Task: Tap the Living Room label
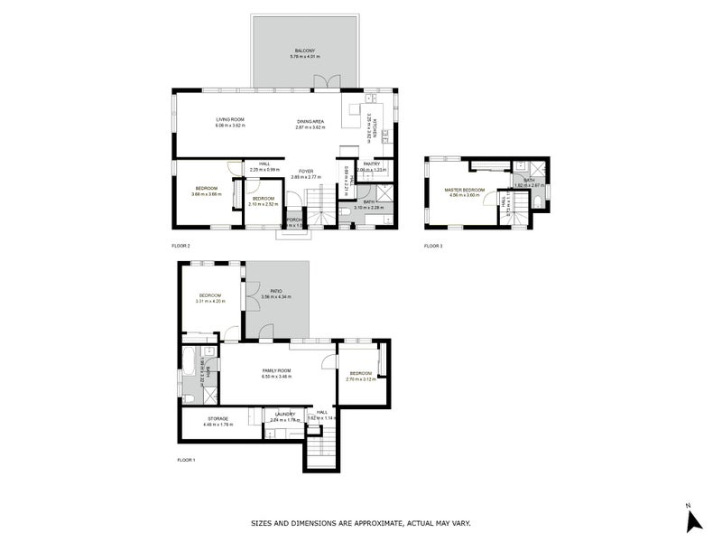coord(229,120)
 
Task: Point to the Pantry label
coord(371,164)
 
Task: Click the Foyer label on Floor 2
coord(307,171)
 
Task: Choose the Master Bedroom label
coord(465,190)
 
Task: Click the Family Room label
coord(276,370)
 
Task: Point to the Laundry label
coord(285,415)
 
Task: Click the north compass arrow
coord(693,520)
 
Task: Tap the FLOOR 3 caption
coord(434,246)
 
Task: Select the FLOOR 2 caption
coord(180,246)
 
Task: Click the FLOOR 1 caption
coord(186,460)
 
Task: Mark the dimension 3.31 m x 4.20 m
coord(210,301)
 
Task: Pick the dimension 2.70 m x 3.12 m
coord(360,379)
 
